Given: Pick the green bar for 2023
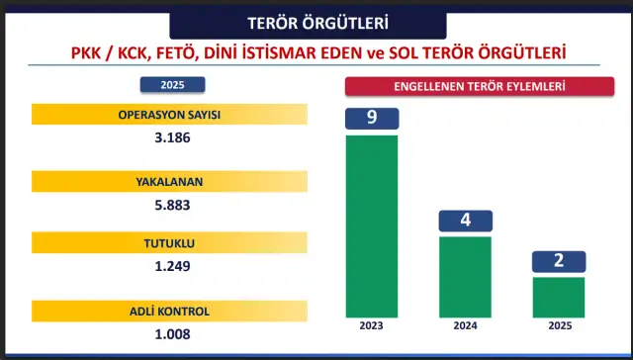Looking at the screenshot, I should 371,225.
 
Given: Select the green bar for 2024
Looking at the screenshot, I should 465,276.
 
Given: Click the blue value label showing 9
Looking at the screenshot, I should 371,118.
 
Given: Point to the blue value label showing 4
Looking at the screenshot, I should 465,221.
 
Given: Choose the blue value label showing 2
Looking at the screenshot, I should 559,261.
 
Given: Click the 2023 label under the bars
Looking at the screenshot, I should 371,325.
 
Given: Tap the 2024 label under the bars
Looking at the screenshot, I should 465,325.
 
